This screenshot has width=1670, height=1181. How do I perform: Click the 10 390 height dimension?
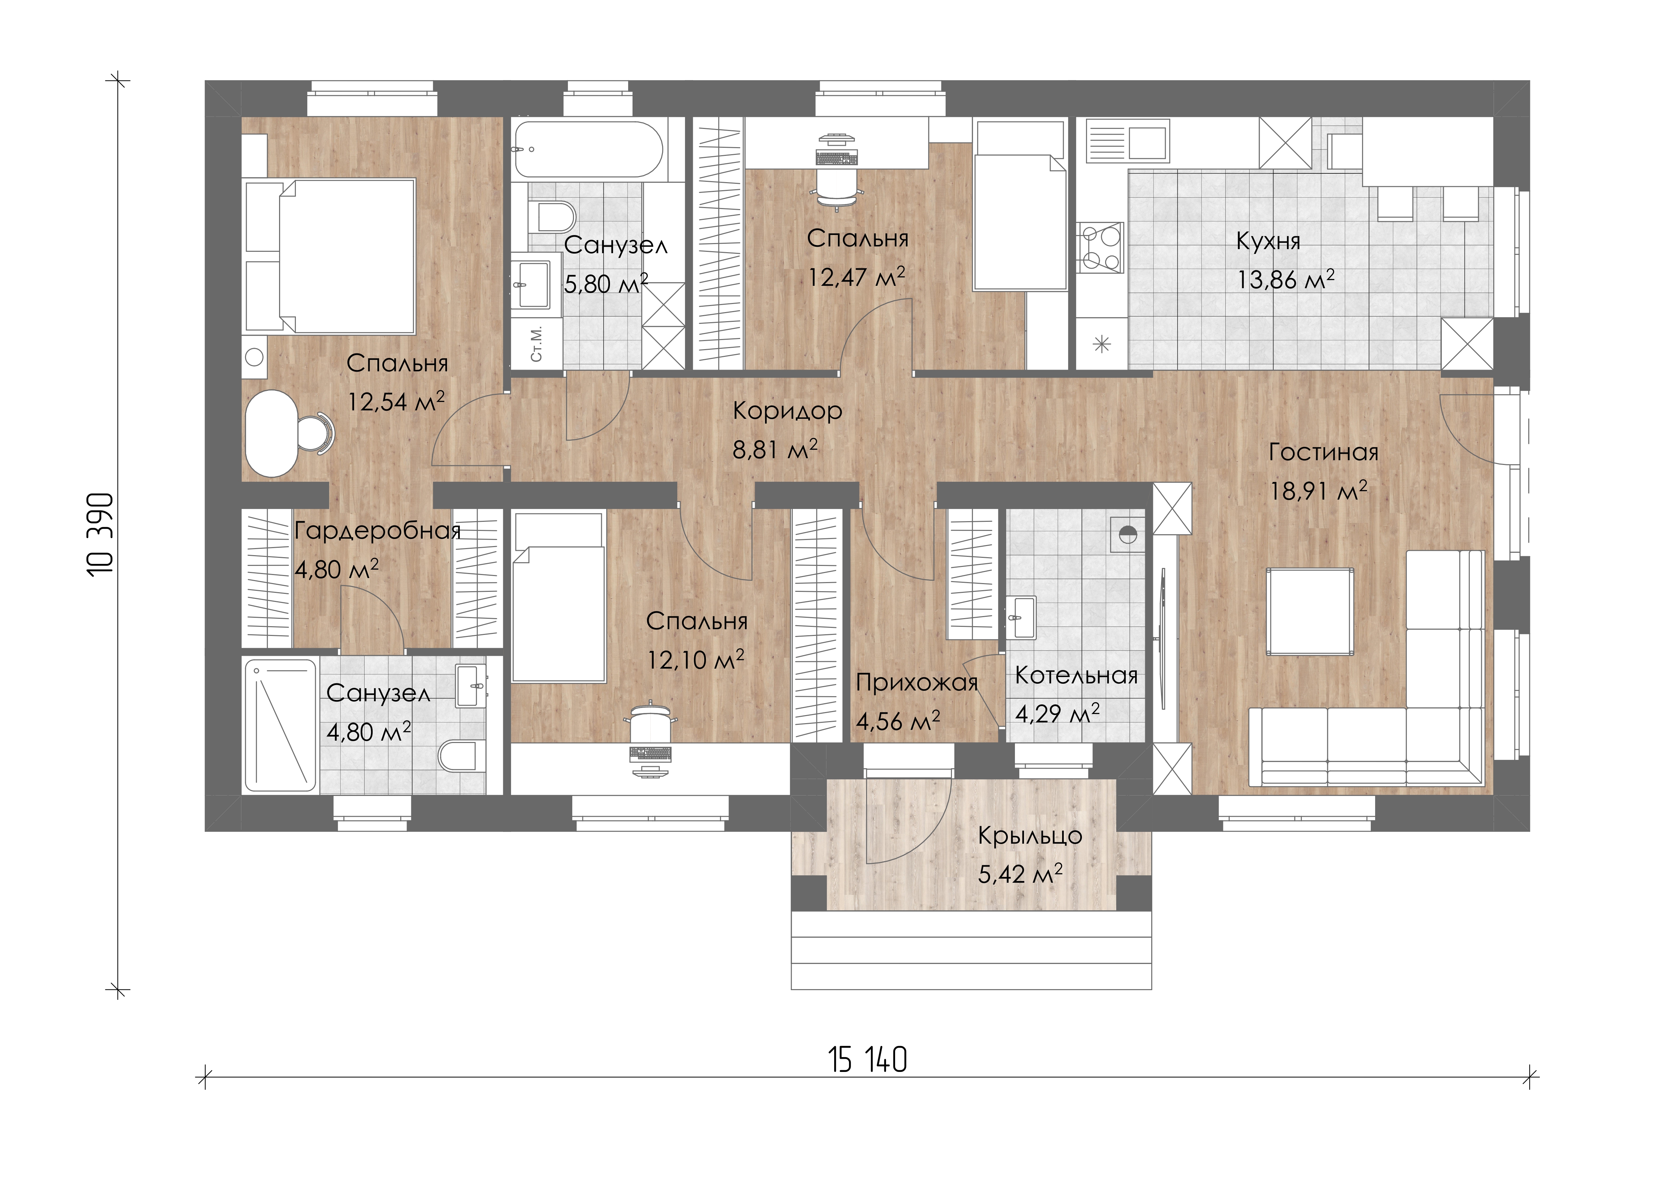(x=101, y=535)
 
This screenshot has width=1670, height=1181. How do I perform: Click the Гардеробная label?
(x=377, y=531)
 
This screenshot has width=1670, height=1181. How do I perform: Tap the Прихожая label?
(x=916, y=683)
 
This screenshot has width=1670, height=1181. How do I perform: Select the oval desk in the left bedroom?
(x=271, y=433)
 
